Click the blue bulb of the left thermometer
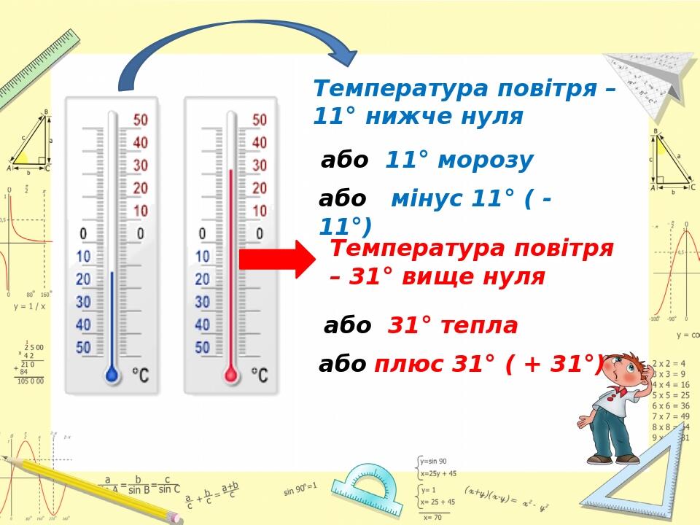click(x=112, y=375)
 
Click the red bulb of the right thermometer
click(x=231, y=375)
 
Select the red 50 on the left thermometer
click(x=140, y=120)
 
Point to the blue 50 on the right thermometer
click(x=203, y=348)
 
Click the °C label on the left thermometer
click(x=140, y=376)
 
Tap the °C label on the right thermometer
click(x=260, y=376)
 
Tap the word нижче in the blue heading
click(x=403, y=117)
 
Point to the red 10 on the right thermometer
click(x=260, y=211)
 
